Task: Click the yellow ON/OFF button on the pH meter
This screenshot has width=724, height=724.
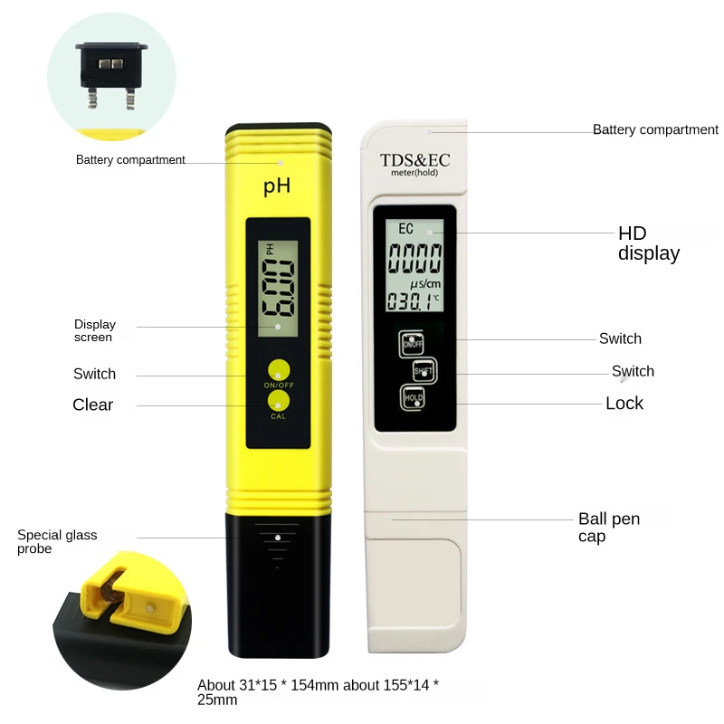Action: point(278,369)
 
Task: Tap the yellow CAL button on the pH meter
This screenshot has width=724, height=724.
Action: point(278,401)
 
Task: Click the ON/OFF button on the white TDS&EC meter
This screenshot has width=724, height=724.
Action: point(412,343)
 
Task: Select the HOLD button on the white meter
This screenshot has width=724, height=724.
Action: point(414,396)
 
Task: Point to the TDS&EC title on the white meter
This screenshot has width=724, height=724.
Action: point(414,160)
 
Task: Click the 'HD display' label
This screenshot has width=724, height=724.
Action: point(648,243)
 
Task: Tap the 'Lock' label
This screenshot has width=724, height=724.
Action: point(624,404)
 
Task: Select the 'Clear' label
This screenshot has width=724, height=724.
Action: point(92,405)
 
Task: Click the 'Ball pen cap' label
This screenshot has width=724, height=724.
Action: point(609,528)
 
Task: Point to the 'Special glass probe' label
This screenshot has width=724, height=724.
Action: point(57,542)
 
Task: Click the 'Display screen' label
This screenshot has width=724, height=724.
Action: point(95,331)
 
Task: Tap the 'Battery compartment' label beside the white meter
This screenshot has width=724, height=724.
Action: point(655,130)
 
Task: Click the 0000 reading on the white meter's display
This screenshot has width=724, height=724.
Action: point(415,260)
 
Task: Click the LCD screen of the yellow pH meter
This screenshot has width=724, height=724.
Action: point(277,288)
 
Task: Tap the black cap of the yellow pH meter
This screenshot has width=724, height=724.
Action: point(277,584)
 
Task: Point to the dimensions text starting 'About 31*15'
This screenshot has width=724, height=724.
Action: point(318,692)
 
